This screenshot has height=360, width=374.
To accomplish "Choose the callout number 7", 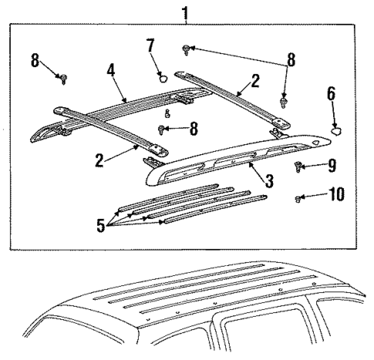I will tap(150, 45).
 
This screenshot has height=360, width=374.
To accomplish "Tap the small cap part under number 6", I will tap(336, 130).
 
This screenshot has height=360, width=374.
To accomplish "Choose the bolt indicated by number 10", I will tap(298, 199).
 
